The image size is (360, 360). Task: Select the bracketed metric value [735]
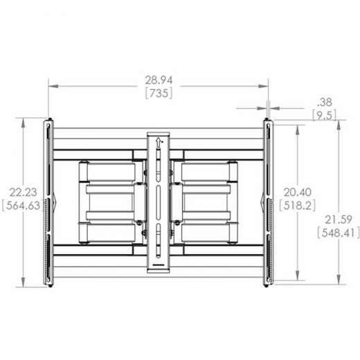point(159,93)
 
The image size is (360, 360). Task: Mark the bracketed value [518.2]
point(295,206)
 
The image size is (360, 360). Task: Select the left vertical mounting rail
point(49,203)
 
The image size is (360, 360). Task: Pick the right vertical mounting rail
point(267,203)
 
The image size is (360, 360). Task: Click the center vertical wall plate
point(158,201)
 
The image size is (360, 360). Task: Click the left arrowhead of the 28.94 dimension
point(51,87)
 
